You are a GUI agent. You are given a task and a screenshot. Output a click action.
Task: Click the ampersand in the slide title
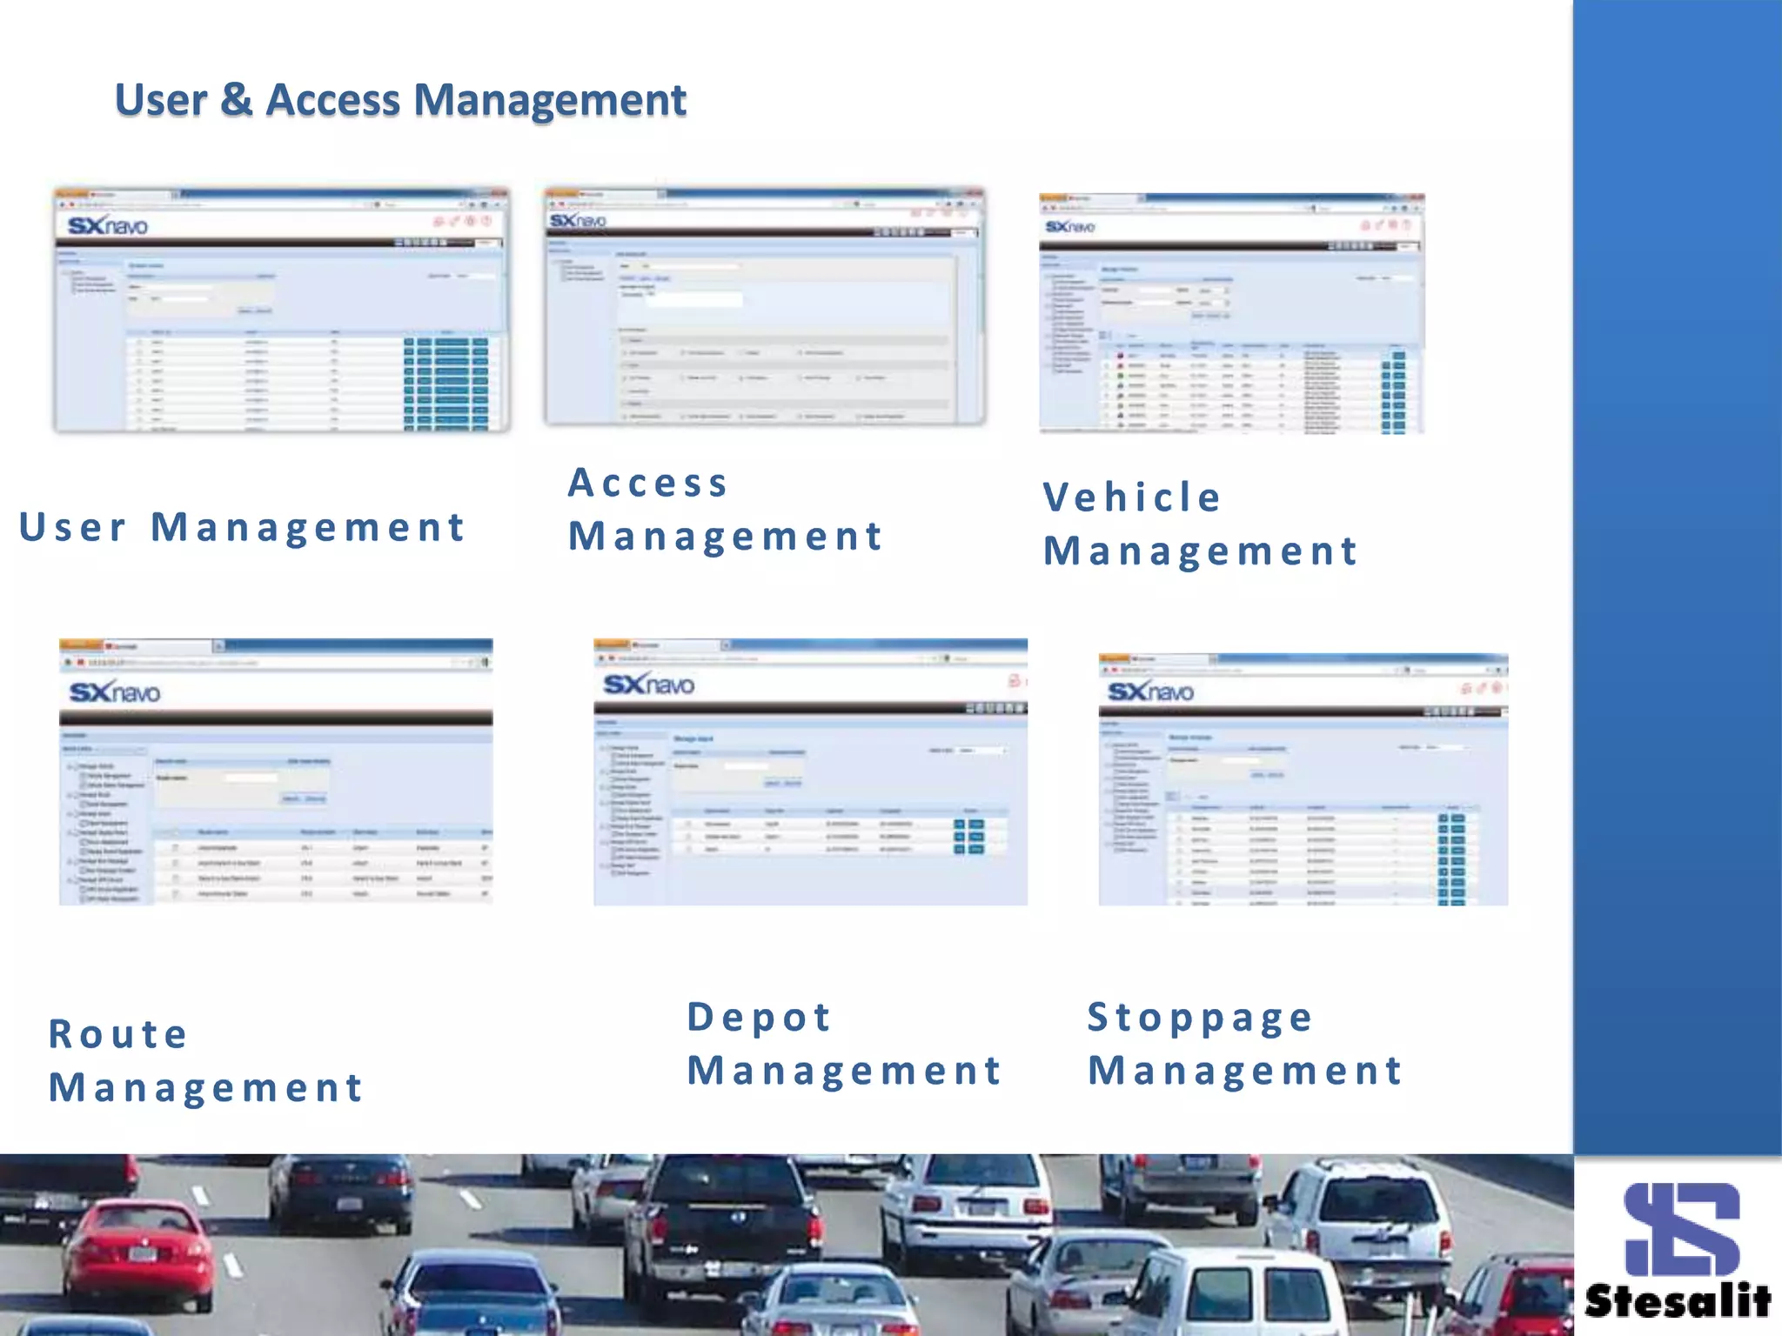(x=237, y=99)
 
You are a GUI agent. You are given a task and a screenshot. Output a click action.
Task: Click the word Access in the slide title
(x=333, y=99)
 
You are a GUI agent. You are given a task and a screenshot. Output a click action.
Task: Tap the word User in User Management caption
(x=73, y=527)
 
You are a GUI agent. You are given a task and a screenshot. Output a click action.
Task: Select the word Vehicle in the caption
(x=1133, y=498)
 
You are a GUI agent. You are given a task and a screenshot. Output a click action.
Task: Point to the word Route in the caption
(x=118, y=1034)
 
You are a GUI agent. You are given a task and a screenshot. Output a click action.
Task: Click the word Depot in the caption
(x=760, y=1017)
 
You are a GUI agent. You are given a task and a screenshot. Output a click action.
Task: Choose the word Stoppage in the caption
(x=1201, y=1017)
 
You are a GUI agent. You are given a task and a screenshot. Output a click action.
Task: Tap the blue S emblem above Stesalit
(x=1682, y=1228)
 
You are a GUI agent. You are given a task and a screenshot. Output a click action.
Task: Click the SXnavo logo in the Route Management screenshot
(x=115, y=692)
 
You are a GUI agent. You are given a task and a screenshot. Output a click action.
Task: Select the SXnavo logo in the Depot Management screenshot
(x=649, y=685)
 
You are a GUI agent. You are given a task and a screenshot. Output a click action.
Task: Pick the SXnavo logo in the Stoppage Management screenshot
(x=1150, y=691)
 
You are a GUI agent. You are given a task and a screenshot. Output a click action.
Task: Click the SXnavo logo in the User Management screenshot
(x=108, y=226)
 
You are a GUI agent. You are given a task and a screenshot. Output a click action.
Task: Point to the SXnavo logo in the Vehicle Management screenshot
(x=1070, y=227)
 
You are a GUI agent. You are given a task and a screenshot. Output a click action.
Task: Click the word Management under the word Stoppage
(x=1245, y=1071)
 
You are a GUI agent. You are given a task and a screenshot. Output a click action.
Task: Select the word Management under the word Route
(x=206, y=1088)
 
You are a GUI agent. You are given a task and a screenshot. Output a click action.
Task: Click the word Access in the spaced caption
(x=648, y=484)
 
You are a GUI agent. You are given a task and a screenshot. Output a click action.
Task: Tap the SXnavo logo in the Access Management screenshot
(x=578, y=221)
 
